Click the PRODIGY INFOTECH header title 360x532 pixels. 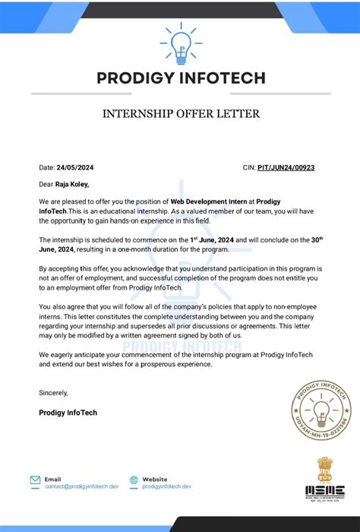pos(181,78)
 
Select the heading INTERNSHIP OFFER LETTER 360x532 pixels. pos(181,114)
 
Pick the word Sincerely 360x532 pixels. pos(54,393)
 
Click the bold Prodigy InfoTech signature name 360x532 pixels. pos(68,413)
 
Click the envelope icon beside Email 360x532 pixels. pos(35,480)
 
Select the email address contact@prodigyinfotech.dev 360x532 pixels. pos(82,486)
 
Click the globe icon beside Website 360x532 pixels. pos(134,480)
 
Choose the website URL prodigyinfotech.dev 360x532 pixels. pos(167,486)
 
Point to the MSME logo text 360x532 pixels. pos(325,490)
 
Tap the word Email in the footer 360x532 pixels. pos(53,480)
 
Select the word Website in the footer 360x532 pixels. pos(155,480)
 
